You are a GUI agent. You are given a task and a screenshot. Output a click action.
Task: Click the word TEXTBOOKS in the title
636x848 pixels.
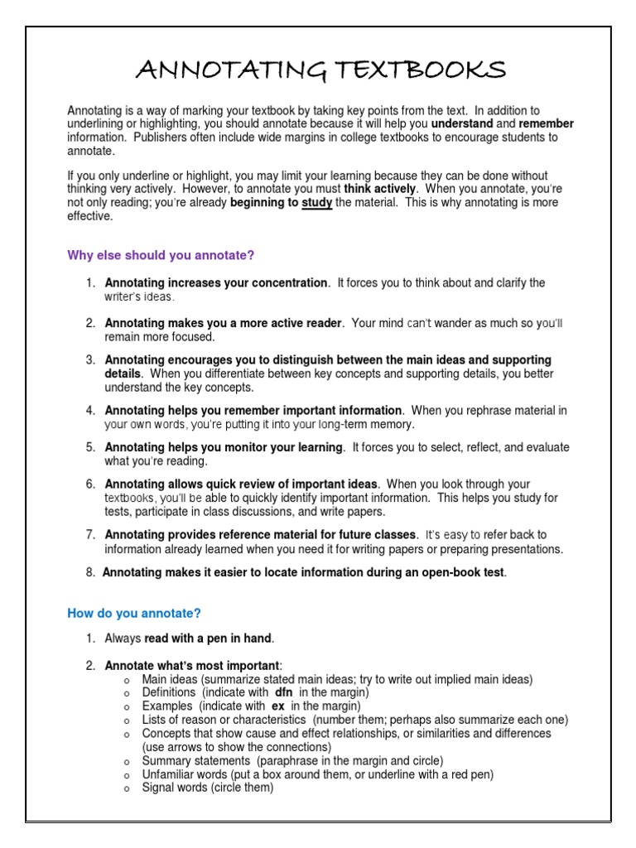[414, 71]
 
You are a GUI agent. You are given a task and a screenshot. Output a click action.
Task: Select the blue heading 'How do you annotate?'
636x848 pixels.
[134, 614]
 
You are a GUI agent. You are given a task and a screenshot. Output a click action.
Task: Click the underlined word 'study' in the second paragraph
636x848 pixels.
[317, 203]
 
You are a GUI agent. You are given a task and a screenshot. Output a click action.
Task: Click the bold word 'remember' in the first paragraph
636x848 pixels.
[547, 123]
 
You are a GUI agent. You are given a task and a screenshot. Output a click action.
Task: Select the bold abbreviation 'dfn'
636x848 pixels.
[284, 691]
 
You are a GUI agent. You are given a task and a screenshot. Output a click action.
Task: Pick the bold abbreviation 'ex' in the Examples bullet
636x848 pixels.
[277, 706]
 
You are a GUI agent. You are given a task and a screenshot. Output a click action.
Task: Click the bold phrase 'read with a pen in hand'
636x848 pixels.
[209, 638]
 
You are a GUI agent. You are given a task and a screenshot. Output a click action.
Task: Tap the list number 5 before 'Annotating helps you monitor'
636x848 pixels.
[90, 447]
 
